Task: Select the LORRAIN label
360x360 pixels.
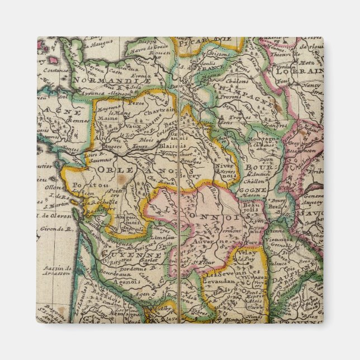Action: tap(304, 72)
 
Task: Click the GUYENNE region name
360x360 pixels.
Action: tap(122, 255)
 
